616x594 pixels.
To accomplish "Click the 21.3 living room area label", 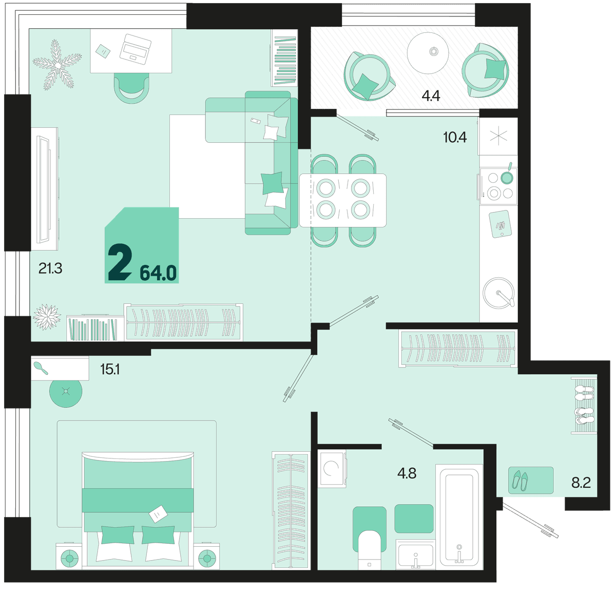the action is coord(50,269).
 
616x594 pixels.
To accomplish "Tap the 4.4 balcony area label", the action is coord(431,95).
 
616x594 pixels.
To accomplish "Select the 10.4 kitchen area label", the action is coord(455,138).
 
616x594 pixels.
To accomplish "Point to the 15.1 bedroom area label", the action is coord(110,370).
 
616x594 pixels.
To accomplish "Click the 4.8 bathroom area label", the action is coord(407,473).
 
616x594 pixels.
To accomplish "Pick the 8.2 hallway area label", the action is coord(581,483).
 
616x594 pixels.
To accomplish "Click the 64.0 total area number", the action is coord(158,273).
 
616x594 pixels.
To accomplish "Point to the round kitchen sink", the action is coord(498,293).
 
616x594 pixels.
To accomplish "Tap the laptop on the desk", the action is coord(135,47).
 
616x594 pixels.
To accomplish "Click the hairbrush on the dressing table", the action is coord(41,368).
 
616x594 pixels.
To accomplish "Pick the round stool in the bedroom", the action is coord(66,391).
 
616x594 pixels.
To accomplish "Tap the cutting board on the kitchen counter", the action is coord(500,224).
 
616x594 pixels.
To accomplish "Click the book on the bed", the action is coord(158,513).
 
